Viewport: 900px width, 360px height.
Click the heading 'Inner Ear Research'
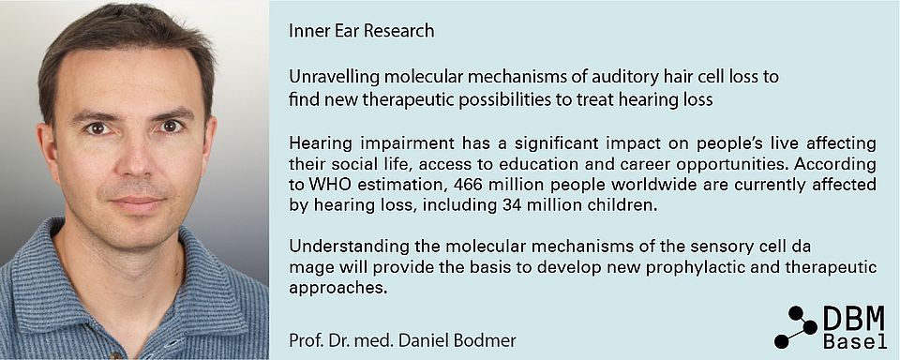pyautogui.click(x=362, y=30)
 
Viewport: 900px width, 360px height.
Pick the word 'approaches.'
pyautogui.click(x=336, y=288)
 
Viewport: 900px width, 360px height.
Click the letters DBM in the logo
pyautogui.click(x=855, y=318)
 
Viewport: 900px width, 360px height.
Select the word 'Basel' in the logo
pyautogui.click(x=855, y=341)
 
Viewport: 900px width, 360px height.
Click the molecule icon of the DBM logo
pyautogui.click(x=796, y=327)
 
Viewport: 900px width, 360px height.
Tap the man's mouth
pyautogui.click(x=138, y=202)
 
